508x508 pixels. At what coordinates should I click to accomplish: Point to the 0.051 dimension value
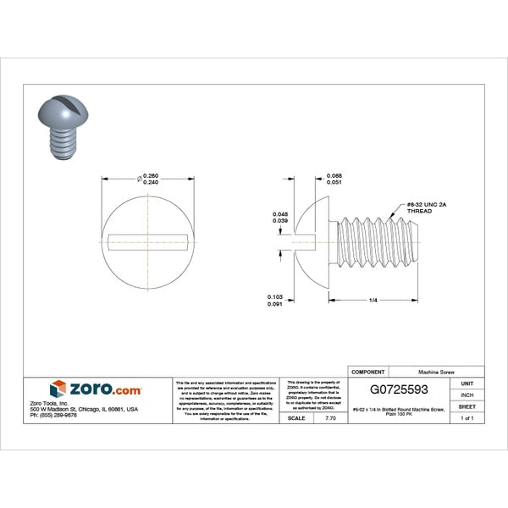click(x=334, y=182)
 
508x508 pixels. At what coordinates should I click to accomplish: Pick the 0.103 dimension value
click(x=274, y=296)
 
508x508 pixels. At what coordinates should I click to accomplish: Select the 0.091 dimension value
click(x=274, y=303)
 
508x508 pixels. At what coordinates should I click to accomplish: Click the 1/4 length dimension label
click(x=373, y=300)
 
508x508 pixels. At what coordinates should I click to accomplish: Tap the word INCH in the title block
click(x=466, y=395)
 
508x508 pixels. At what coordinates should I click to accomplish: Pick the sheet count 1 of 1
click(x=466, y=418)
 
